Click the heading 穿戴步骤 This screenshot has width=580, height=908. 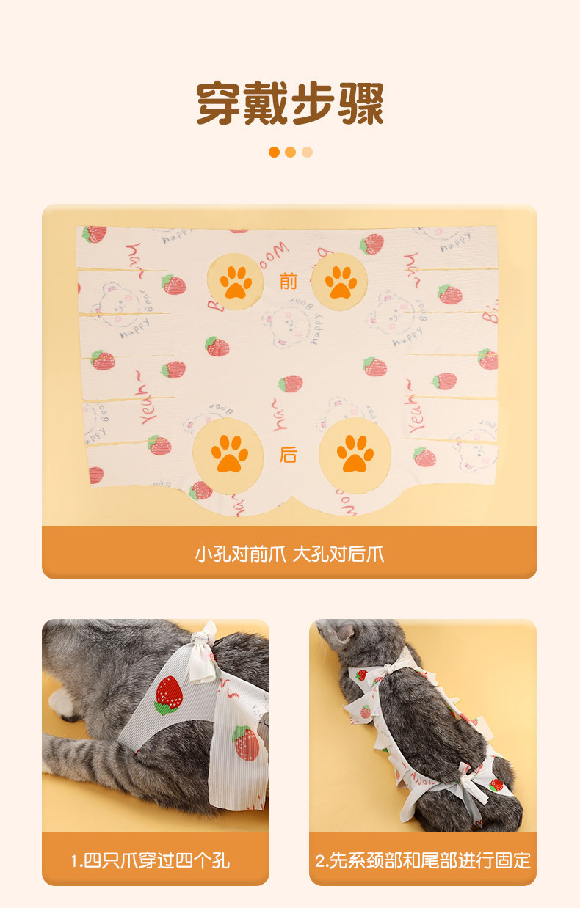click(x=290, y=103)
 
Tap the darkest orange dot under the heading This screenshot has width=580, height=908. click(x=274, y=152)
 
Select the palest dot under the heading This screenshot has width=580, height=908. click(x=307, y=152)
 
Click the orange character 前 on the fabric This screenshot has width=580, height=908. click(x=289, y=282)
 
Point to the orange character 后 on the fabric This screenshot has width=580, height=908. click(x=289, y=455)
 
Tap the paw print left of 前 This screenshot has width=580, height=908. click(x=236, y=282)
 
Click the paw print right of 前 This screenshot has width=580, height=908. click(x=341, y=282)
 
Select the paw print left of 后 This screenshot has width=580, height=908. click(x=229, y=454)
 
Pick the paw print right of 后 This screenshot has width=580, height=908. click(x=355, y=454)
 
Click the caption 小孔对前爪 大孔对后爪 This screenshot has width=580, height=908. click(x=289, y=554)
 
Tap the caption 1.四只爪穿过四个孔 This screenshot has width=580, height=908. click(x=151, y=861)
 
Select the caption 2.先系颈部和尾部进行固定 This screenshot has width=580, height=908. click(x=423, y=861)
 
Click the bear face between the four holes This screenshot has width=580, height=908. click(x=286, y=326)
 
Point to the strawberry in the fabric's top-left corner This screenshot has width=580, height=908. click(x=94, y=234)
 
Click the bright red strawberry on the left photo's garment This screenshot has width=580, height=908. click(x=168, y=695)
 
